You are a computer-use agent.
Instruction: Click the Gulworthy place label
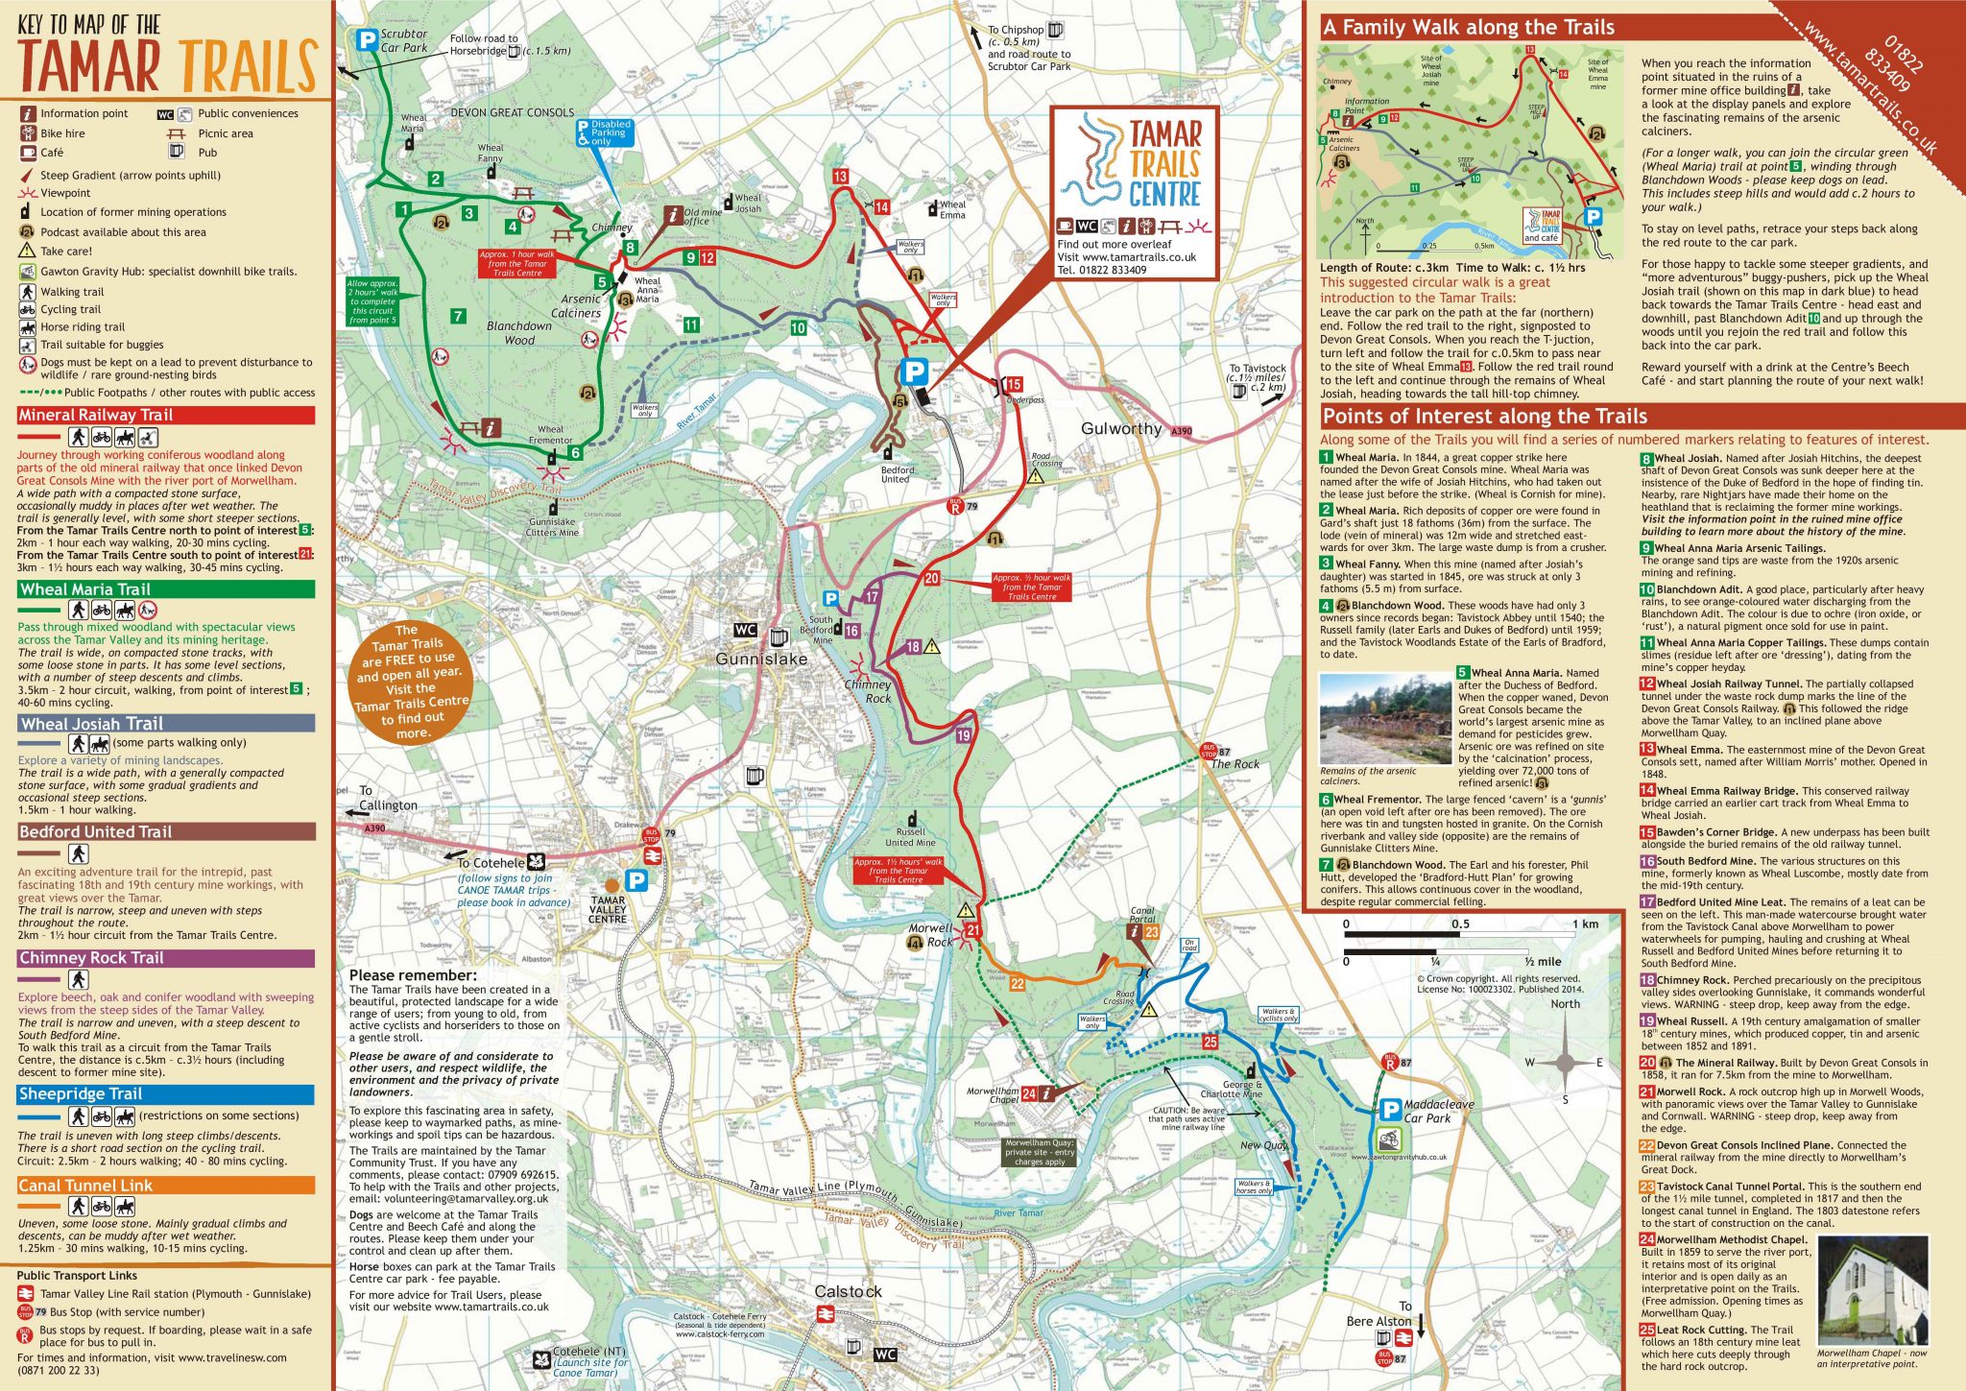1120,429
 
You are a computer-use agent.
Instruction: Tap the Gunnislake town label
761,660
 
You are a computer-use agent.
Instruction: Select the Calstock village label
848,1292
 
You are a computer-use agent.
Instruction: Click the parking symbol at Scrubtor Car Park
366,40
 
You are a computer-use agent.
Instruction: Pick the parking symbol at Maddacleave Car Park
1390,1111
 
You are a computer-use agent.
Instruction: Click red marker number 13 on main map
840,177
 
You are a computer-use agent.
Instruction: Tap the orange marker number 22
1018,984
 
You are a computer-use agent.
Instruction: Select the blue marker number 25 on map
1210,1042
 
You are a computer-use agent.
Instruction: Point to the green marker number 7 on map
458,316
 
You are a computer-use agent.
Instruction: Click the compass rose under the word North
1565,1062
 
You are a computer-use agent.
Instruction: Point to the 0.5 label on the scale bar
1460,924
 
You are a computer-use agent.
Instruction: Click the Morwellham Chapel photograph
1872,1291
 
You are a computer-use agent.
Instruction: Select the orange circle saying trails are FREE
412,683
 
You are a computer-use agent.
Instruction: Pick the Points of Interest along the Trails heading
1484,417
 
